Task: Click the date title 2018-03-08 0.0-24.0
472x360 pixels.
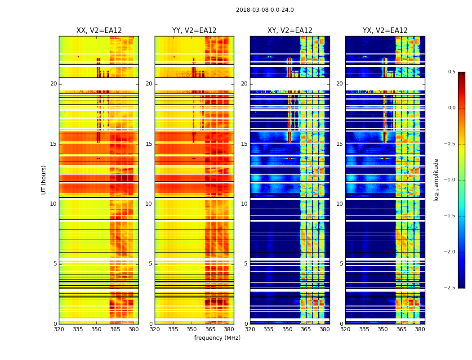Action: click(x=265, y=10)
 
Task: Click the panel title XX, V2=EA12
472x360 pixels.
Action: click(x=99, y=31)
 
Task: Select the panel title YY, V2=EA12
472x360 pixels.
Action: click(x=194, y=31)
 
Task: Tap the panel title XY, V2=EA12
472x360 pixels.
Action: click(x=290, y=31)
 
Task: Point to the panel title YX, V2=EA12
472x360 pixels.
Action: click(x=385, y=31)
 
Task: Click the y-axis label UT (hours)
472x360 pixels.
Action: click(x=44, y=180)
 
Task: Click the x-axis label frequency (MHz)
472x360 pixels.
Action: click(x=217, y=338)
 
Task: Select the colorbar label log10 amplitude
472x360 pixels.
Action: click(x=436, y=180)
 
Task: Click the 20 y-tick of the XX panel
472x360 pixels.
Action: click(x=54, y=84)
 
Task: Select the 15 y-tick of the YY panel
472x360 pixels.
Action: click(x=149, y=144)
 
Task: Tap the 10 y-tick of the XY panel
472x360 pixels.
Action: click(x=245, y=204)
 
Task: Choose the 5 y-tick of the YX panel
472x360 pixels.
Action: click(x=341, y=264)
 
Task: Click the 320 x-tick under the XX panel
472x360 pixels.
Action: click(x=59, y=329)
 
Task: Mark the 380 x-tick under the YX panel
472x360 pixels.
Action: click(x=420, y=329)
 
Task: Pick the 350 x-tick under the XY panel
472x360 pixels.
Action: click(x=287, y=329)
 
